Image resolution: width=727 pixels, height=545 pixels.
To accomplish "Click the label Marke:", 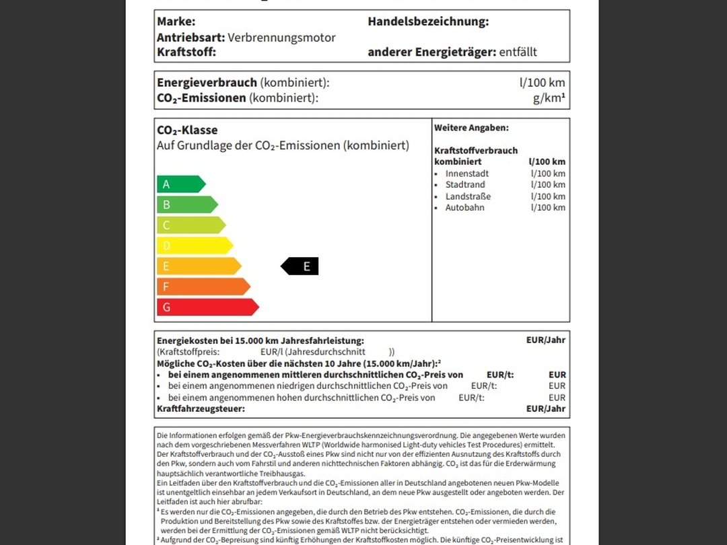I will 176,22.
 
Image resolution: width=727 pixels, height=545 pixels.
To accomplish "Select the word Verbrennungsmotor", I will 281,38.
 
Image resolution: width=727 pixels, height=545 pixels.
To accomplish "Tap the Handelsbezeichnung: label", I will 428,22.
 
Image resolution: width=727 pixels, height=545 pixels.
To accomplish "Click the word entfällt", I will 518,52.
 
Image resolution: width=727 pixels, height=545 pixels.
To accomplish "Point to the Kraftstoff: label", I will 186,52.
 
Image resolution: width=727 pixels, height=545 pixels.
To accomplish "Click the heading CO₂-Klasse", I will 187,131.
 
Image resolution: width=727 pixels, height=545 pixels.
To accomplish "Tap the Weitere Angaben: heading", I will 471,128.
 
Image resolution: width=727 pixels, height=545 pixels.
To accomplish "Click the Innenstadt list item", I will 467,174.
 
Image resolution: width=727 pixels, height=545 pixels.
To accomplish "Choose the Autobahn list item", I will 464,208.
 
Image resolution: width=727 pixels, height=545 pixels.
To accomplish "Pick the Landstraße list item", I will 468,196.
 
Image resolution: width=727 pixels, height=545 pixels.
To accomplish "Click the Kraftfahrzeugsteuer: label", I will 201,408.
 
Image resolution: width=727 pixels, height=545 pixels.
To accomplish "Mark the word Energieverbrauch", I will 207,83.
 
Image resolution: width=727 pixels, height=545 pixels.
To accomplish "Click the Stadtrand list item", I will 465,185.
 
